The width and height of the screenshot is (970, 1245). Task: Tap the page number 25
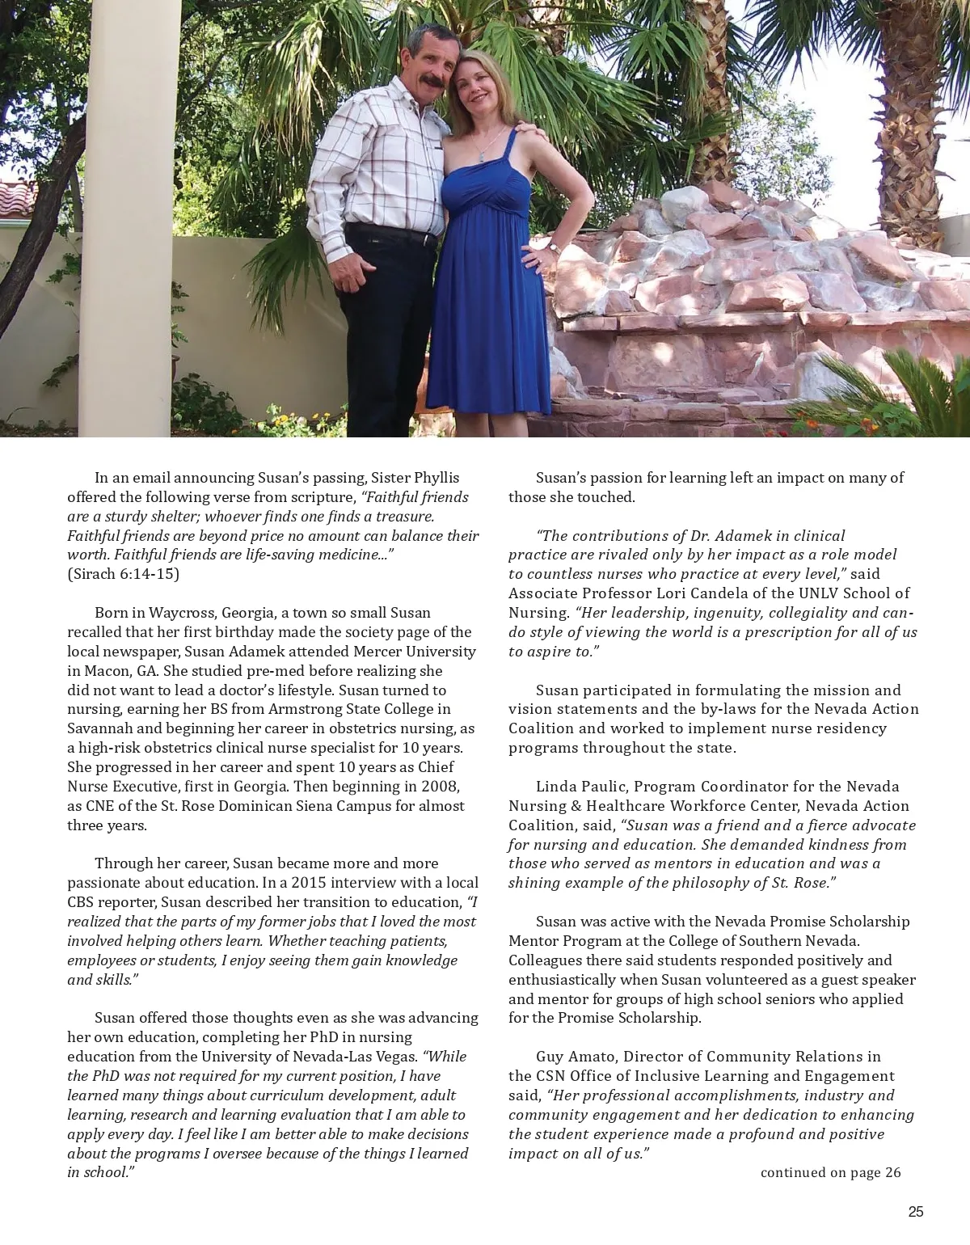tap(915, 1212)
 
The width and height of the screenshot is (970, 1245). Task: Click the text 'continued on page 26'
tap(830, 1173)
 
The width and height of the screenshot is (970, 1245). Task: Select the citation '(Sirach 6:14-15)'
tap(123, 574)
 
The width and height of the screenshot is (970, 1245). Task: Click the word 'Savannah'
tap(99, 728)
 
